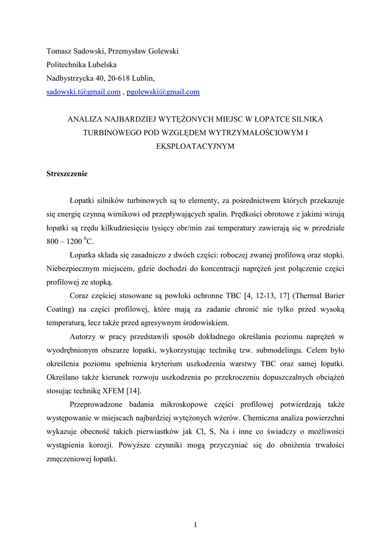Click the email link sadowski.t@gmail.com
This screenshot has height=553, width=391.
83,92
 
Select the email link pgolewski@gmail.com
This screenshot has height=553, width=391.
163,92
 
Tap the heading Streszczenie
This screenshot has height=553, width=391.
66,174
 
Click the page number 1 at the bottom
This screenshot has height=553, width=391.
195,525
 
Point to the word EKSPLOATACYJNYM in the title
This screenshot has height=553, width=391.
195,146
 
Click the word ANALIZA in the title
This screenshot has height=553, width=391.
84,118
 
